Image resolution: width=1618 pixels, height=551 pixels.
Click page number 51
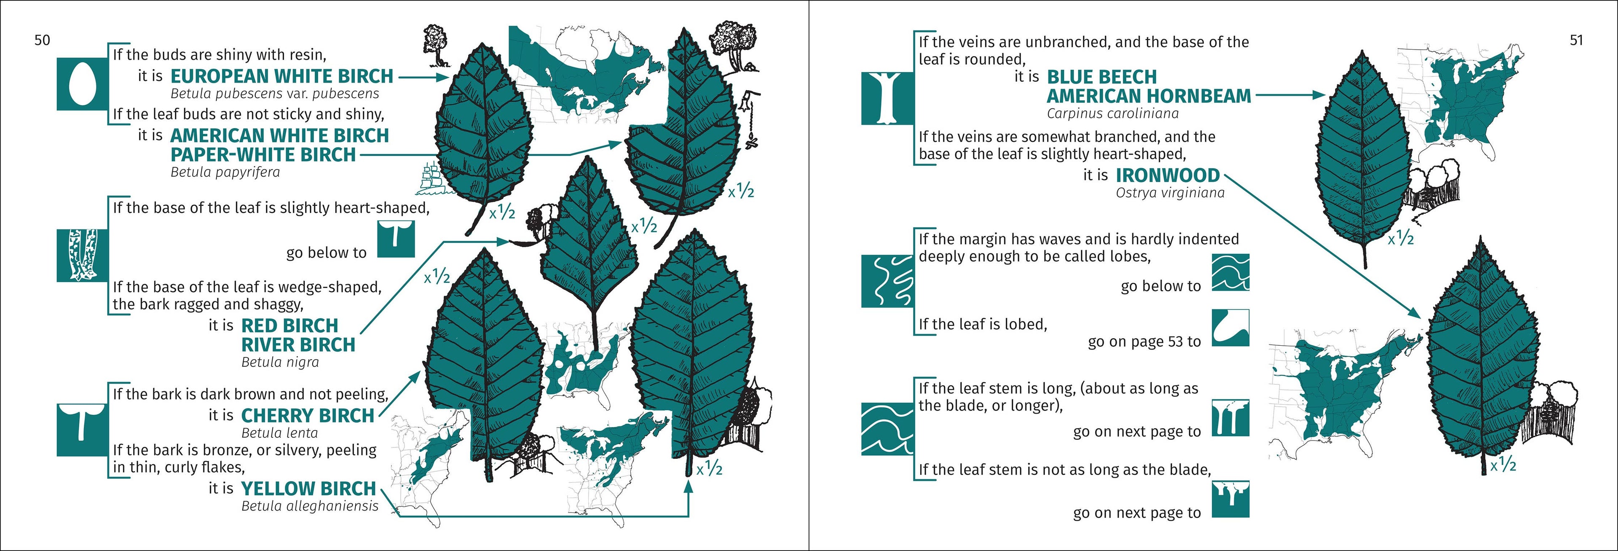coord(1576,40)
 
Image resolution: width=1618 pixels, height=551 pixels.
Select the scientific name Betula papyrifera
coord(225,172)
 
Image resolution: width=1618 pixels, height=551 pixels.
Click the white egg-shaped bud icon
coord(82,83)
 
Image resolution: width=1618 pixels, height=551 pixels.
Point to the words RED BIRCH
coord(289,325)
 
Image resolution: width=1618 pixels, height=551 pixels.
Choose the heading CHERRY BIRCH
coord(307,415)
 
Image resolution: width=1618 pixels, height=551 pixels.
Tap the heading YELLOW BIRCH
coord(308,488)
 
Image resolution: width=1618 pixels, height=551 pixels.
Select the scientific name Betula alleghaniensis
coord(310,506)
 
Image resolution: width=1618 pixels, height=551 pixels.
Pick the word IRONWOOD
coord(1167,175)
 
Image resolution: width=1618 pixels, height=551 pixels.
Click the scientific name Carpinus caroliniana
coord(1112,114)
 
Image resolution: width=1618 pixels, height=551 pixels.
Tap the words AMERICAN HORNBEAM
coord(1149,96)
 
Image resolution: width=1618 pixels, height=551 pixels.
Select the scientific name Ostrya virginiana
coord(1170,193)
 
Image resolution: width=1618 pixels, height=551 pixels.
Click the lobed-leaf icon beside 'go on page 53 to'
coord(1230,327)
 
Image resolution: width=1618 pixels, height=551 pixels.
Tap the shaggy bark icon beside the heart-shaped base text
coord(82,255)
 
